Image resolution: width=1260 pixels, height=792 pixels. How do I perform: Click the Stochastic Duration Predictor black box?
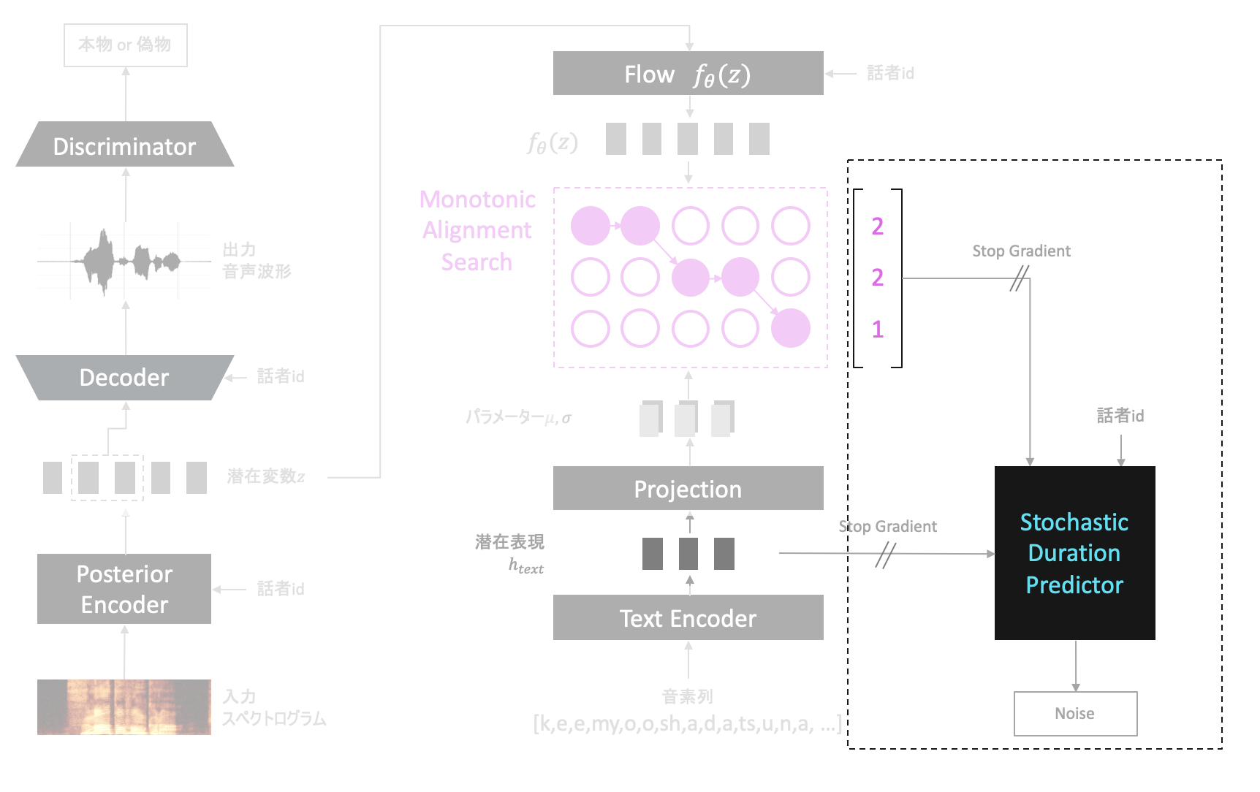(x=1074, y=553)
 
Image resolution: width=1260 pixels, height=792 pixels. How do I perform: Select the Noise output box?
(x=1075, y=713)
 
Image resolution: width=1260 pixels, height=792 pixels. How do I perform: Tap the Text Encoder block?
(x=688, y=618)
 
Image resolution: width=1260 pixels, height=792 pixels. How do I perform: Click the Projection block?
(x=688, y=488)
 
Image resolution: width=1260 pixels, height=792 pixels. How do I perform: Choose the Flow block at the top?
(x=688, y=73)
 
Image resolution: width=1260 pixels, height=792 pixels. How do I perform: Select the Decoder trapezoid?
(x=124, y=377)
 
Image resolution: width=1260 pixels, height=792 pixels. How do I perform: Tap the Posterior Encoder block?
(x=124, y=589)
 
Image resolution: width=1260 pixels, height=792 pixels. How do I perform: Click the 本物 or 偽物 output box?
(x=125, y=45)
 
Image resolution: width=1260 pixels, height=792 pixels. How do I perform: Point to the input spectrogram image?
(x=124, y=707)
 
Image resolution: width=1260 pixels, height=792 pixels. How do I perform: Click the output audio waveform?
(x=124, y=260)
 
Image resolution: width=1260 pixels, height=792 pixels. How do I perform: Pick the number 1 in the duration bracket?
(x=878, y=330)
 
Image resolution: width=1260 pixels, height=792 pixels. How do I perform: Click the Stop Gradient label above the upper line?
(x=1021, y=251)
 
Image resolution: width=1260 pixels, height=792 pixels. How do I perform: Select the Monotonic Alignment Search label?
(x=477, y=230)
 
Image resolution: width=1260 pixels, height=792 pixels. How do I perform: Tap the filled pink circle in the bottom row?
(x=791, y=328)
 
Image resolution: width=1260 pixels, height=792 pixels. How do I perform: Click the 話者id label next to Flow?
(x=890, y=73)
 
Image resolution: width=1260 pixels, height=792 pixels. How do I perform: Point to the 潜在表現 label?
(x=509, y=542)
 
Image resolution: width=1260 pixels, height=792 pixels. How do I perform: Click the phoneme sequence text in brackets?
(x=687, y=724)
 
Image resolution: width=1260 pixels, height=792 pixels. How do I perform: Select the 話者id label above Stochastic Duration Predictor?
(x=1120, y=416)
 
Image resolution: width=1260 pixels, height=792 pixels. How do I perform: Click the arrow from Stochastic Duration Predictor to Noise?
(x=1076, y=666)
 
